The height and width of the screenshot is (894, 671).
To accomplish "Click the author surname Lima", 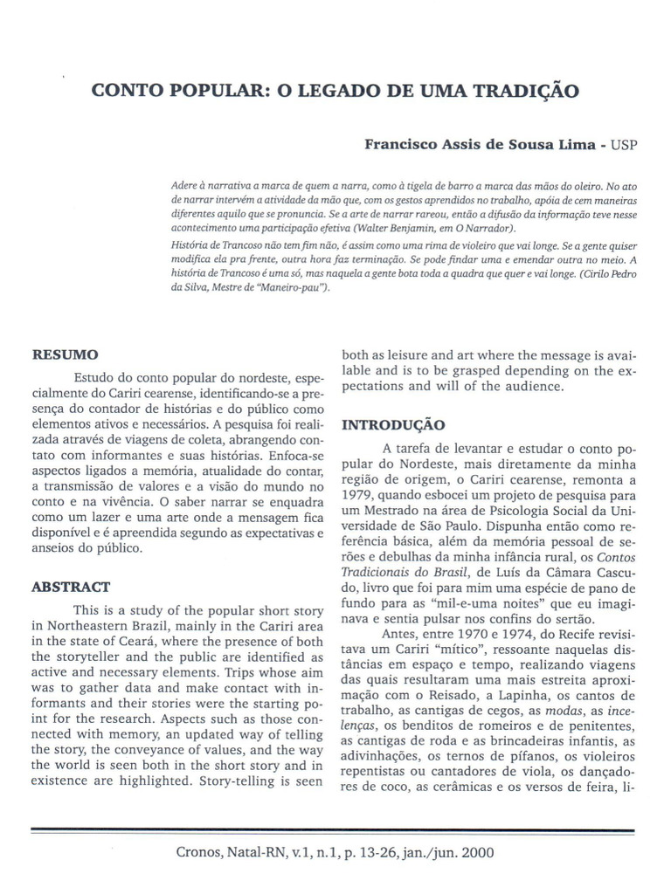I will pyautogui.click(x=572, y=146).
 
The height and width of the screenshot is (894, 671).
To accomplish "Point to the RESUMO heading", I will pyautogui.click(x=65, y=355).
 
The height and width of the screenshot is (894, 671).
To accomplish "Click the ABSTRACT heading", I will pyautogui.click(x=71, y=587).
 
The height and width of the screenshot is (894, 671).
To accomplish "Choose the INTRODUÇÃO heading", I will pyautogui.click(x=392, y=425).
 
